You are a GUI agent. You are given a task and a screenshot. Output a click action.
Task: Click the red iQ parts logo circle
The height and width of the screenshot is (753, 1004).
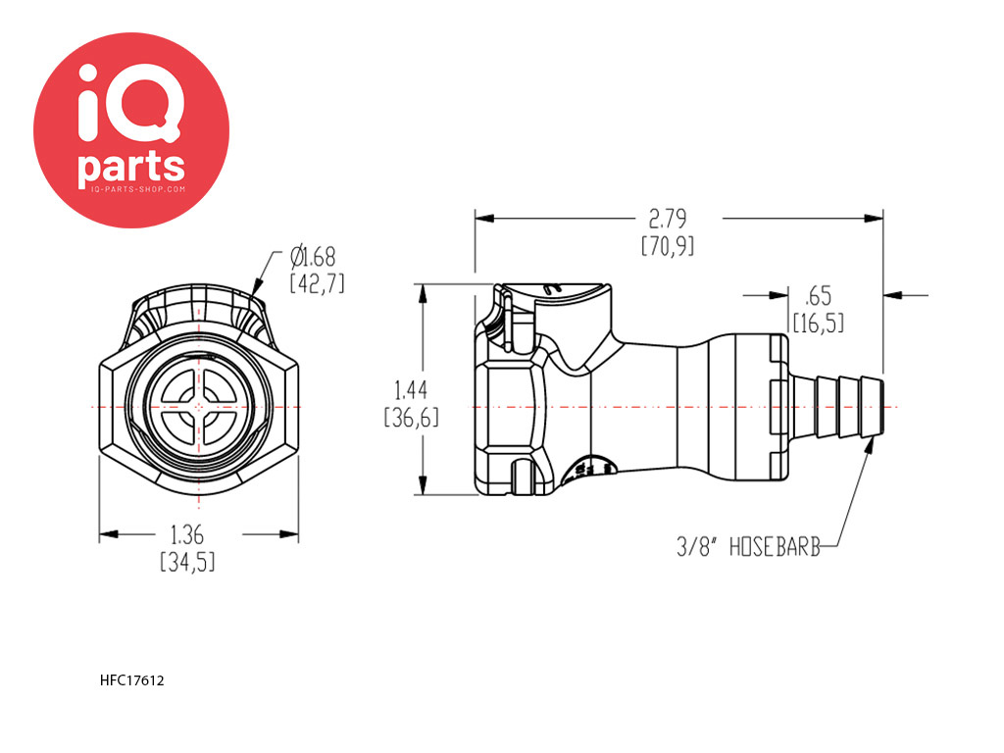(131, 130)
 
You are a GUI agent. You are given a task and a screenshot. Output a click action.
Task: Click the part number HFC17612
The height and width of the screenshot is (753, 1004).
(132, 680)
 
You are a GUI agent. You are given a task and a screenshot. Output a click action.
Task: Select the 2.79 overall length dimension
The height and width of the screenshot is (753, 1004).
(667, 219)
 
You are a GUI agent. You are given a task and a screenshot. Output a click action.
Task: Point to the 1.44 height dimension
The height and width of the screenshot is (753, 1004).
(411, 390)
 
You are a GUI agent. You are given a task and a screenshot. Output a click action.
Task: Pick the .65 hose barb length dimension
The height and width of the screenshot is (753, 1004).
(819, 296)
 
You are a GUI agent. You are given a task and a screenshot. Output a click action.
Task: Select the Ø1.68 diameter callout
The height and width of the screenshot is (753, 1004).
(313, 257)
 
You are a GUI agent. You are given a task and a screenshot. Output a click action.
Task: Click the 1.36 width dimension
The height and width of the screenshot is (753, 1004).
(187, 534)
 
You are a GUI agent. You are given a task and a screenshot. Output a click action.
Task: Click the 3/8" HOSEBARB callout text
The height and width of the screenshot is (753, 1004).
(748, 546)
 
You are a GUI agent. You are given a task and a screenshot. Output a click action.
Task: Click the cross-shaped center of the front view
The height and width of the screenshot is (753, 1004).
(198, 407)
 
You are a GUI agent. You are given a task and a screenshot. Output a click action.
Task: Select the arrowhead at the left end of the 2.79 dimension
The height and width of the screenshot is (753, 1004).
(484, 219)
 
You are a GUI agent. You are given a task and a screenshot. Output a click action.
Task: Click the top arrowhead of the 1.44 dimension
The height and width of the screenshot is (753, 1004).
(423, 293)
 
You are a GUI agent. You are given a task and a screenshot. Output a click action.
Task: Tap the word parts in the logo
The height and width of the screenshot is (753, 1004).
(131, 166)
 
